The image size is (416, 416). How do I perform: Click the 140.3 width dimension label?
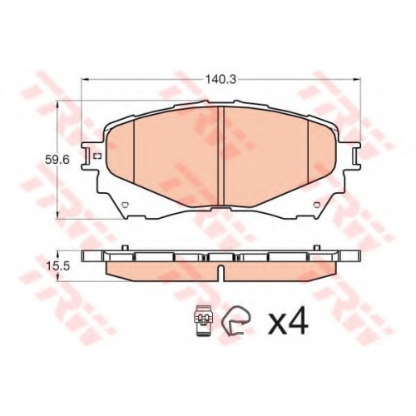coord(220,80)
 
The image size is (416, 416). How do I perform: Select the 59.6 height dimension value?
coord(57,160)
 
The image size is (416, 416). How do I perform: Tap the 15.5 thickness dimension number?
coord(57,266)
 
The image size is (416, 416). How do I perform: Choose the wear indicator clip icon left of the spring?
coord(204,320)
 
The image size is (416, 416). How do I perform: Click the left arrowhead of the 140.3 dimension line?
coord(85,80)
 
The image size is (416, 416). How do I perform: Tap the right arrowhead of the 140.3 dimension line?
coord(358,80)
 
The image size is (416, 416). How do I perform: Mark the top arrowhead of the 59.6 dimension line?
coord(57,105)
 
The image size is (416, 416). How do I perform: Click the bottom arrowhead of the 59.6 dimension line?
coord(57,215)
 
